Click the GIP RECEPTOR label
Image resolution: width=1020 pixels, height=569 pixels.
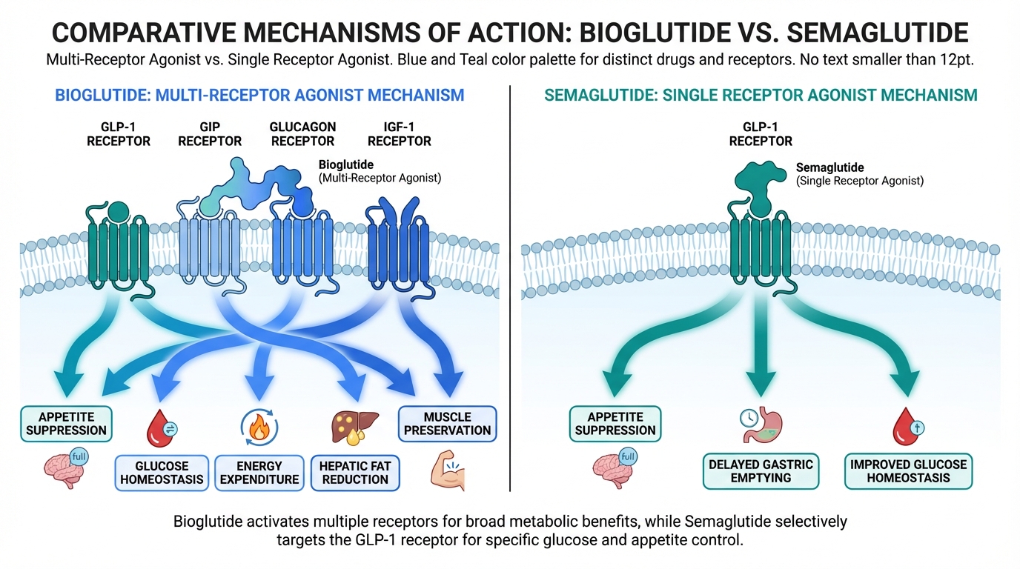coord(210,134)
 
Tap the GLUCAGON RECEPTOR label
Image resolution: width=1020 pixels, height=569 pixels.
coord(302,134)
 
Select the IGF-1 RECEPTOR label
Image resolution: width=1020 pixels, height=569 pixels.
coord(399,134)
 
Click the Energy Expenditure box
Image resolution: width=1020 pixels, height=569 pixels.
coord(259,473)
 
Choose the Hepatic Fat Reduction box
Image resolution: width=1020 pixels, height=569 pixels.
coord(355,473)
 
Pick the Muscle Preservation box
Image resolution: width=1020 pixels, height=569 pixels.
coord(447,423)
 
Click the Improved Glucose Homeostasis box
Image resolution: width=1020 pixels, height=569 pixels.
coord(908,471)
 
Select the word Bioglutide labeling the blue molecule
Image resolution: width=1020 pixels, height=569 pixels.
coord(345,164)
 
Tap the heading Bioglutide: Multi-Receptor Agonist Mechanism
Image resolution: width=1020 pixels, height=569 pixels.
coord(259,95)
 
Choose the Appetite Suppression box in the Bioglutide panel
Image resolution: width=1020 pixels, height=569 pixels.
coord(67,422)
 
